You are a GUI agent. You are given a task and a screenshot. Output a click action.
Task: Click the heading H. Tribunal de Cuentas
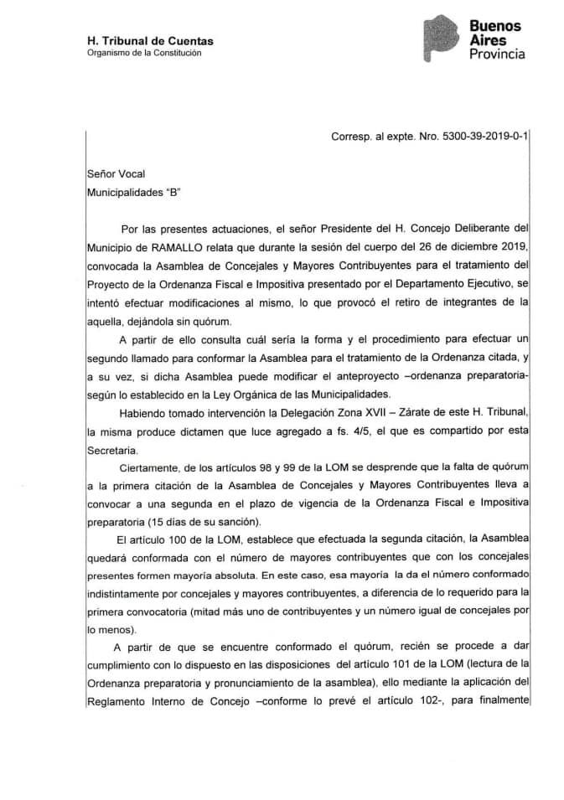(150, 41)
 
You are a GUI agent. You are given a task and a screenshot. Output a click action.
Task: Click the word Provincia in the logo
(497, 54)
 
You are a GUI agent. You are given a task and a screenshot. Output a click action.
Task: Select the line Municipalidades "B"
(133, 192)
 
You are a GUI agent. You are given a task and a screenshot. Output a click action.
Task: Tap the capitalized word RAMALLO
(189, 249)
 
